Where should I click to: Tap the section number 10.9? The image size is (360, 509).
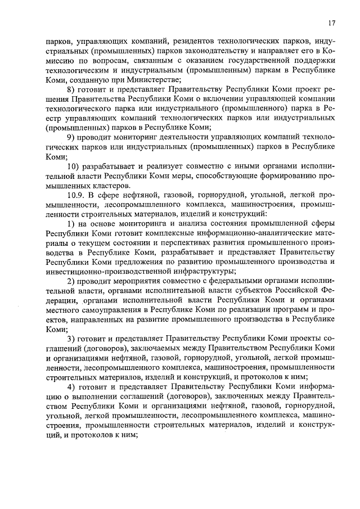(x=76, y=195)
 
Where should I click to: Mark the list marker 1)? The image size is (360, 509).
(x=71, y=224)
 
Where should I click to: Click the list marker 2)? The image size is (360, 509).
(x=71, y=282)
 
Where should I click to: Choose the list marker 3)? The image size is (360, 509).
(x=71, y=339)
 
